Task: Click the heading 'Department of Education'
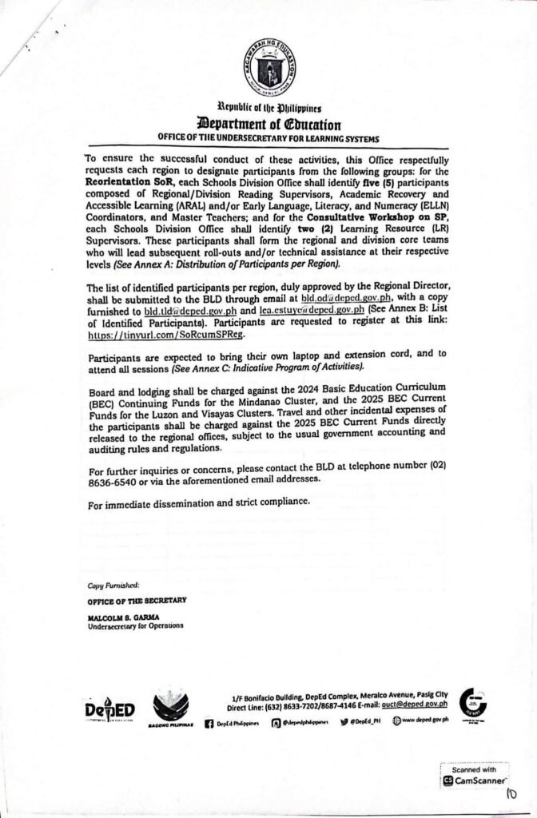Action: pyautogui.click(x=268, y=124)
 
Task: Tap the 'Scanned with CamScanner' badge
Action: pyautogui.click(x=475, y=775)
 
